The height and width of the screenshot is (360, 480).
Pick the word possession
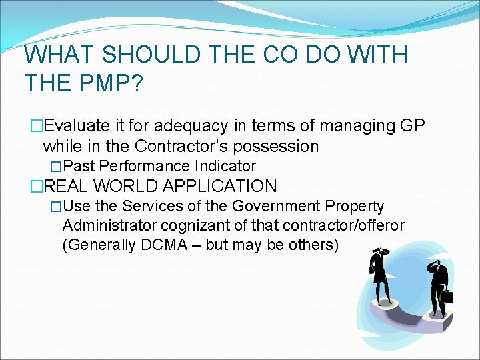point(281,145)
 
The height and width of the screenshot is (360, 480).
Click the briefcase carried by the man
point(448,296)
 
